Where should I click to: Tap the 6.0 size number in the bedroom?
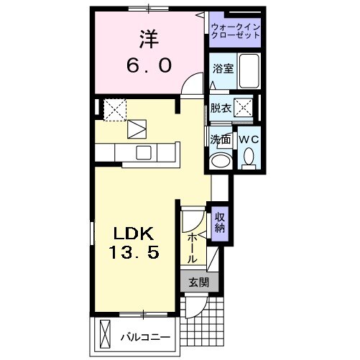(x=149, y=65)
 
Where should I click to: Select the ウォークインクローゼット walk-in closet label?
(x=236, y=30)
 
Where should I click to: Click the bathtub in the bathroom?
(x=249, y=71)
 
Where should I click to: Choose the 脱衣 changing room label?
(x=221, y=109)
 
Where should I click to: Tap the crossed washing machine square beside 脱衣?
(x=245, y=109)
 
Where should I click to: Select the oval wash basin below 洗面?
(x=221, y=160)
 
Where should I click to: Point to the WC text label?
(x=248, y=138)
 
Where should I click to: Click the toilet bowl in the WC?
(x=249, y=156)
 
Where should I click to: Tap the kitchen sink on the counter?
(x=142, y=152)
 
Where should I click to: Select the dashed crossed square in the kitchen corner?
(x=114, y=109)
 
